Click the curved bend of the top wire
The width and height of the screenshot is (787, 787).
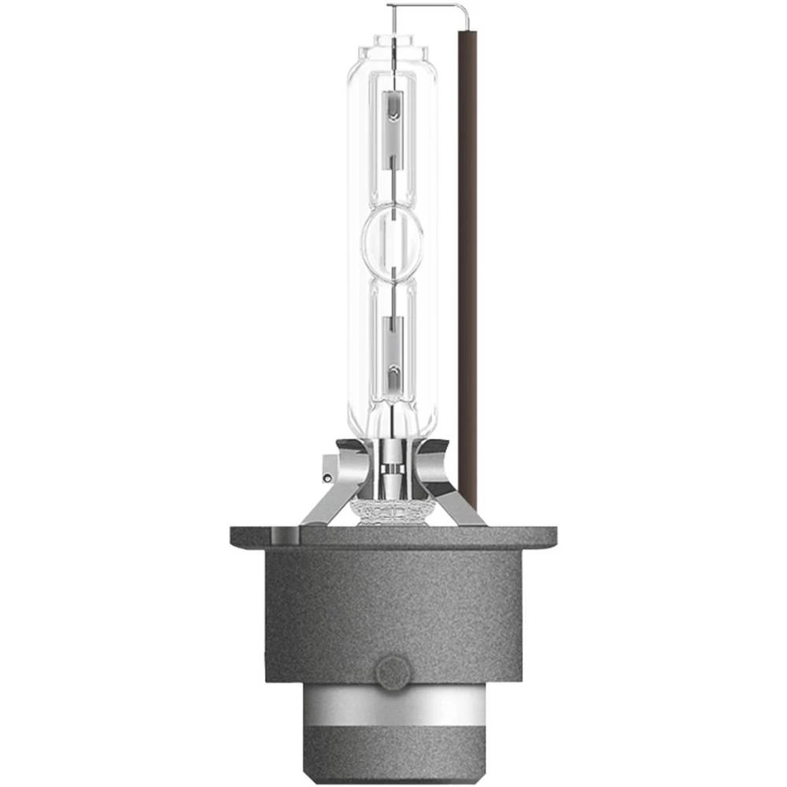click(x=465, y=9)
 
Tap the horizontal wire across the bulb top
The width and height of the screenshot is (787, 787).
click(x=429, y=6)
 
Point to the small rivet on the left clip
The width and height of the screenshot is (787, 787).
click(x=326, y=477)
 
